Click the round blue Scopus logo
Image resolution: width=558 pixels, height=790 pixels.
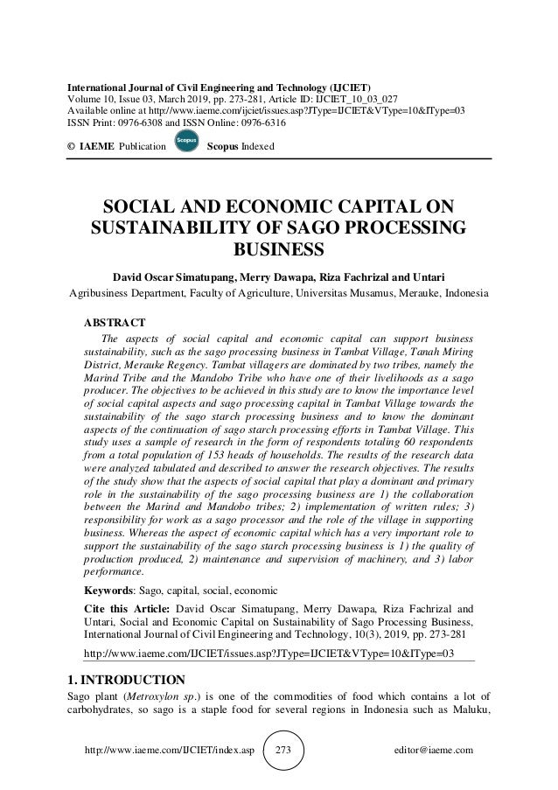pos(185,143)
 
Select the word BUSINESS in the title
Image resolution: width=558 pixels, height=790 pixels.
pos(279,252)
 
